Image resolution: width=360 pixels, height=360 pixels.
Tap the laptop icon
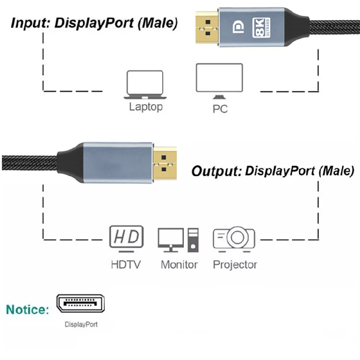pos(144,84)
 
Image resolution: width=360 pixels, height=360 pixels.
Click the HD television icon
pos(127,238)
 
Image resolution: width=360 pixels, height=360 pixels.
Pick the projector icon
pos(234,239)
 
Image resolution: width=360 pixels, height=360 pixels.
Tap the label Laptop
pos(146,107)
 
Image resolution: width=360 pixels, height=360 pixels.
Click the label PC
pos(220,109)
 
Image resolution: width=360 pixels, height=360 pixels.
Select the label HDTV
pos(126,264)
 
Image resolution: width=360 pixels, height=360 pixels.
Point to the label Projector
pos(235,264)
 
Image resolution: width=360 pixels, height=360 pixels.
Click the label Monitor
pos(179,264)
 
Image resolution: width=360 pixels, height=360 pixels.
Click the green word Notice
pos(27,310)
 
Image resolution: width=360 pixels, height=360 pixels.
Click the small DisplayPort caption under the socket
pos(81,324)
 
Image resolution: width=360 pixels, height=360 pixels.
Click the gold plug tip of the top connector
pos(207,28)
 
